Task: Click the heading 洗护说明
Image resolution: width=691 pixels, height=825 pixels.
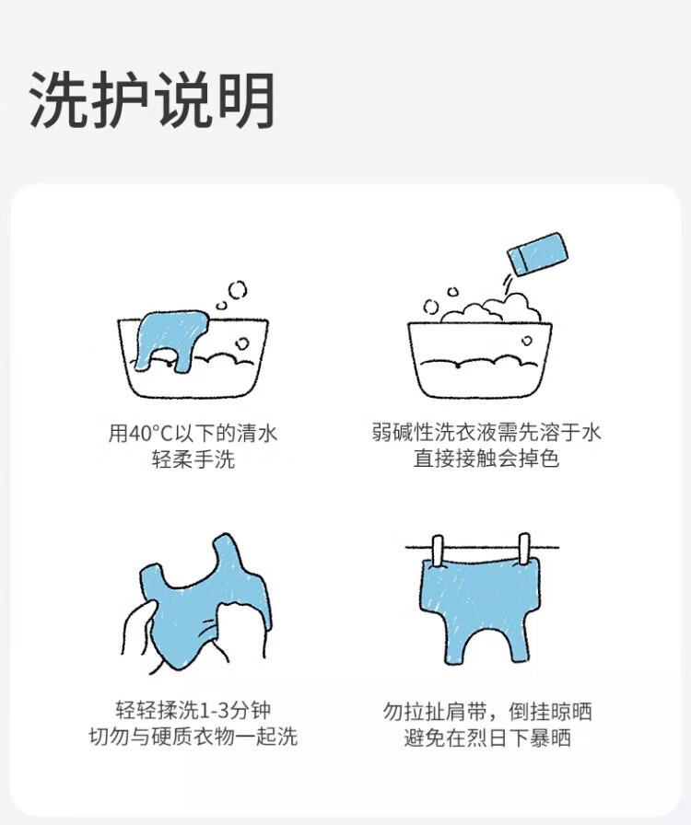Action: [152, 99]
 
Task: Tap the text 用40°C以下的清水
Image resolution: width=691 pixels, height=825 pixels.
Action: [193, 434]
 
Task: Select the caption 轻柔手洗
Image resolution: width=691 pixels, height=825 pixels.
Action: [193, 459]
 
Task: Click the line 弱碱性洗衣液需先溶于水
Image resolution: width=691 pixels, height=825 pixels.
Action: [486, 433]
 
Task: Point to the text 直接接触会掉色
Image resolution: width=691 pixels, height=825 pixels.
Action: [486, 459]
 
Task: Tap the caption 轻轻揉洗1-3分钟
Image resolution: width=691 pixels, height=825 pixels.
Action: [193, 710]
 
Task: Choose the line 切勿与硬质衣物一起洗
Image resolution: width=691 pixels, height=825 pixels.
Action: [193, 736]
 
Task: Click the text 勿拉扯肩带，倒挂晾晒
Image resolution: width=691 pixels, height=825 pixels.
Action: [487, 712]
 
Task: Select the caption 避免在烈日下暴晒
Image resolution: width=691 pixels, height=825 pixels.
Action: [487, 738]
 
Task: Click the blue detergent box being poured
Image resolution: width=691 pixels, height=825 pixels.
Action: [537, 252]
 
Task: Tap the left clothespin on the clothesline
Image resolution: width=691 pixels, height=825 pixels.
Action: [437, 551]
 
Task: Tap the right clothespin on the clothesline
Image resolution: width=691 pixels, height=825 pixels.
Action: [523, 550]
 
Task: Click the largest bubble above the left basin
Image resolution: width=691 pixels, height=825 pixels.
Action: [237, 289]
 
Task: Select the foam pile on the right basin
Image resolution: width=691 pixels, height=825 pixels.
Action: [491, 311]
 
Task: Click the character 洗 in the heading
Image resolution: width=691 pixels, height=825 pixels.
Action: [58, 99]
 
